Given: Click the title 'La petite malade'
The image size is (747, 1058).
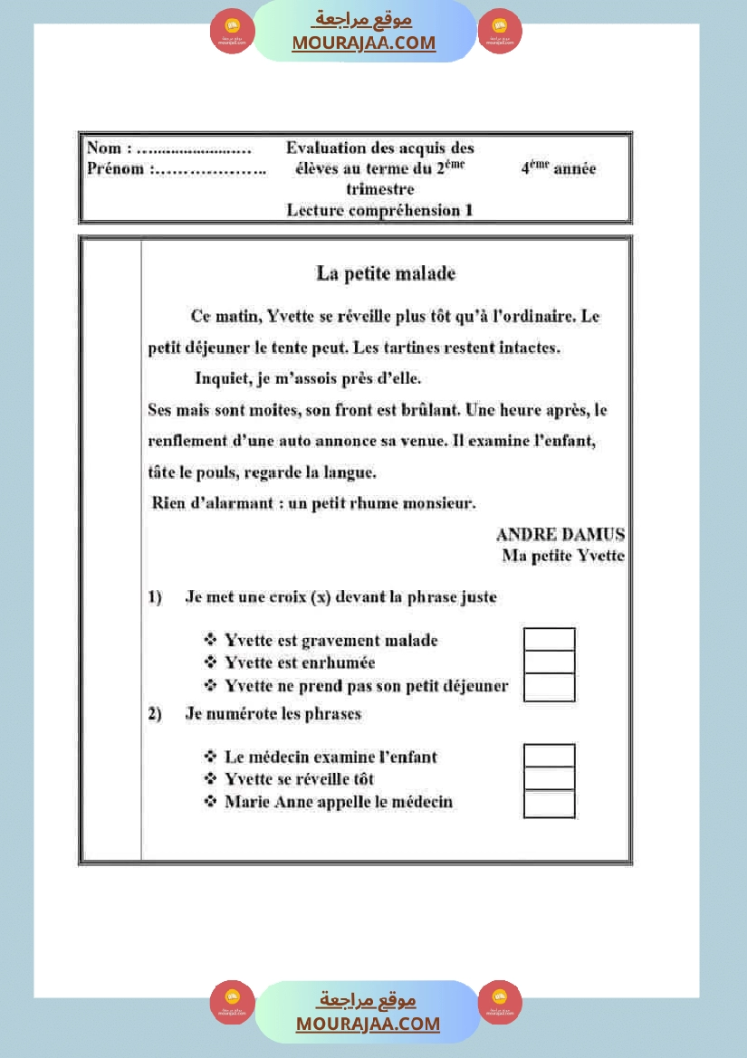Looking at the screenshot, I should (386, 273).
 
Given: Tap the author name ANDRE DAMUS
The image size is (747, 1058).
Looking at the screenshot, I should (560, 535).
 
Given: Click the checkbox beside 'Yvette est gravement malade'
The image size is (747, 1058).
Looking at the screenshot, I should (549, 640).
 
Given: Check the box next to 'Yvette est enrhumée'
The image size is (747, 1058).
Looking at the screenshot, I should (549, 662).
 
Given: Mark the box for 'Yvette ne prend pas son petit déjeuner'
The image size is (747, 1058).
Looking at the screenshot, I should (549, 687).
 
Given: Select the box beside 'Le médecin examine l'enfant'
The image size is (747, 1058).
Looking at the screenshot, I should (549, 756).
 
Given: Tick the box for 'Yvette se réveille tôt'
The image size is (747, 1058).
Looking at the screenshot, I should (549, 779).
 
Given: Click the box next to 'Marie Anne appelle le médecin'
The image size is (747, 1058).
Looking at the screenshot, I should (549, 804).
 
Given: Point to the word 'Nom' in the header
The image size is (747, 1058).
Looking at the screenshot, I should (103, 148).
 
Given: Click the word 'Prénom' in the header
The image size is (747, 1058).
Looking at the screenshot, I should (115, 169).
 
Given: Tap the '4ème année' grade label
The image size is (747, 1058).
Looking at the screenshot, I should (558, 168).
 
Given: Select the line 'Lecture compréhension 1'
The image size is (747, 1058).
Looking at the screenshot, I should (379, 211).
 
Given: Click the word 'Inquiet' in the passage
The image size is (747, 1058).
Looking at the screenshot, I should (223, 378).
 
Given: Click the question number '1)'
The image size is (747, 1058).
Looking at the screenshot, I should (155, 597).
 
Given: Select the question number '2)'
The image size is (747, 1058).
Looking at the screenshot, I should (155, 714).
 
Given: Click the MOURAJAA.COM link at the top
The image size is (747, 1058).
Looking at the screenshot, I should (364, 43).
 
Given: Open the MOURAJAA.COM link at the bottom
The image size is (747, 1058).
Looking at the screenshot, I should (368, 1024).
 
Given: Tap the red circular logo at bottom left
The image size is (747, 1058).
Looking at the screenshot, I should (233, 1003).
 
